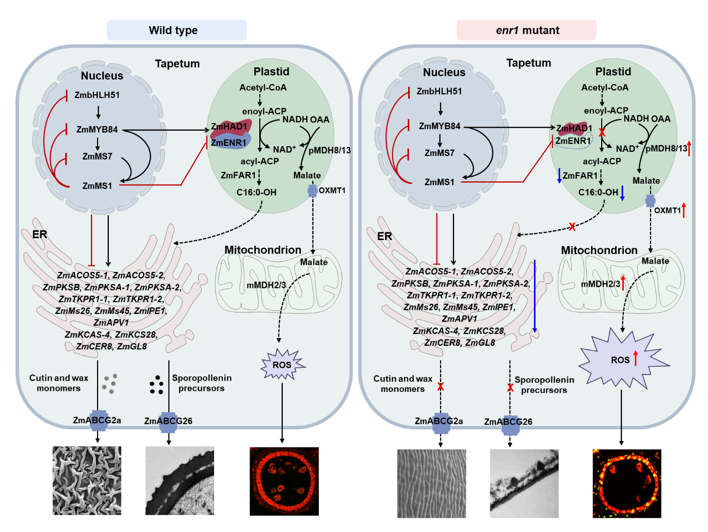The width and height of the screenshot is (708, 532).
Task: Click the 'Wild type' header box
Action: (177, 30)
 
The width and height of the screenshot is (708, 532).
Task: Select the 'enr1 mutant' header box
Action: (526, 30)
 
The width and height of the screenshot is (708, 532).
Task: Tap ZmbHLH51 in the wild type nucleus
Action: (97, 95)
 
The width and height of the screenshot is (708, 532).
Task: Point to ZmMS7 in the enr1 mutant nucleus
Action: (439, 153)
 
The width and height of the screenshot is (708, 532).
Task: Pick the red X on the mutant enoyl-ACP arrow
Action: (602, 132)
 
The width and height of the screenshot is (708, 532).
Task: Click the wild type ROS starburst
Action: (282, 364)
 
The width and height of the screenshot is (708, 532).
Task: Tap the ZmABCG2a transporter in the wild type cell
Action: (98, 421)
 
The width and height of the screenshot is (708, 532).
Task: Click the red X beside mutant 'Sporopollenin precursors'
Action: (510, 387)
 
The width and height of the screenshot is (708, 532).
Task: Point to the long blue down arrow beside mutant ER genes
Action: (534, 296)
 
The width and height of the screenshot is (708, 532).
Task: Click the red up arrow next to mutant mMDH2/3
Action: (623, 283)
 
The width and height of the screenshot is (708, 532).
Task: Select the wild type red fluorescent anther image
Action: (284, 481)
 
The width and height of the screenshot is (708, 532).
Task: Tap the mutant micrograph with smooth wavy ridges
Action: (431, 483)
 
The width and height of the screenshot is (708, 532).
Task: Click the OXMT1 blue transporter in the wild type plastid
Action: (312, 191)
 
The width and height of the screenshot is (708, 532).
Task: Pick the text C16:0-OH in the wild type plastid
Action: (256, 192)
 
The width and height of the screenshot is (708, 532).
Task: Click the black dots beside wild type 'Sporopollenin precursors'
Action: (157, 384)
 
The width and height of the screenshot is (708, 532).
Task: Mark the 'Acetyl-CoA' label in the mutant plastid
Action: (605, 87)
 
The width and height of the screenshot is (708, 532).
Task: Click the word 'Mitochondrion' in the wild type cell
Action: (262, 250)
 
